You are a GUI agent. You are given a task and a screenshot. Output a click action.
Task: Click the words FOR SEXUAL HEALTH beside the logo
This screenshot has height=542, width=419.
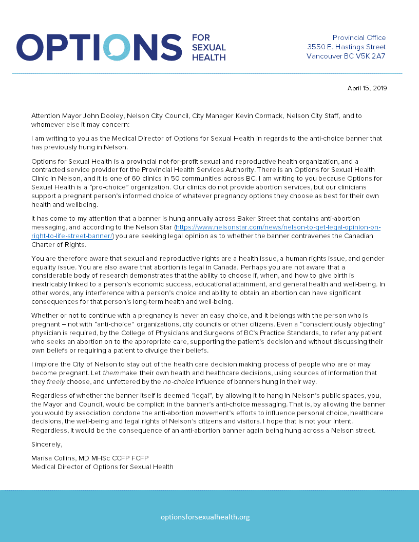208,48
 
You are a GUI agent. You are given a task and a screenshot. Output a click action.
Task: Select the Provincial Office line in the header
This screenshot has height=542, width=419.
359,37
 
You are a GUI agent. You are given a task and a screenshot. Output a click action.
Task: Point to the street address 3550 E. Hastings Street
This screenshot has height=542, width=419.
346,47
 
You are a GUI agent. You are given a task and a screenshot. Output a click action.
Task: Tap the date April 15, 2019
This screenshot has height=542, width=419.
367,88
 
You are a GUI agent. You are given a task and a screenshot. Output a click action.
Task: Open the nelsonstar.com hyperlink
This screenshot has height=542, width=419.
277,227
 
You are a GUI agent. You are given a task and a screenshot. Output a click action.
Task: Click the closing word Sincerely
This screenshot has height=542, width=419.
47,444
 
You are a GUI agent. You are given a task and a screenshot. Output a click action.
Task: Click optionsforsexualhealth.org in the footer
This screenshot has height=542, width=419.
205,517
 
